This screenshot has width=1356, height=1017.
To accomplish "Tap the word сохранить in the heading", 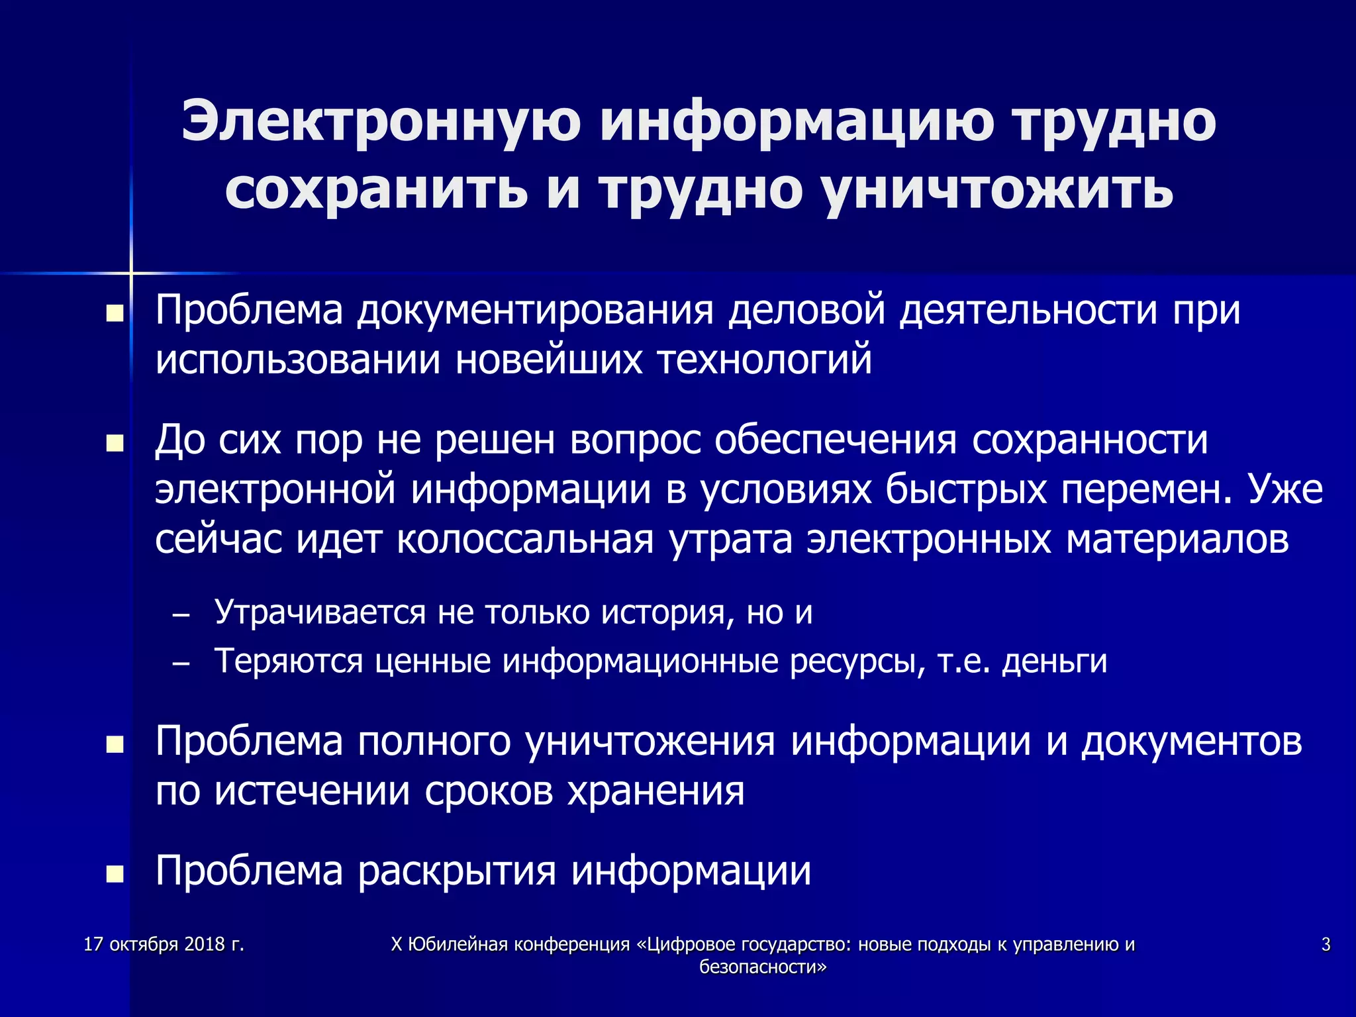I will click(376, 189).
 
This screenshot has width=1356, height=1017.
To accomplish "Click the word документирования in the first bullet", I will click(535, 310).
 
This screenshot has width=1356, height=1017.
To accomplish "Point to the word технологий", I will click(765, 361).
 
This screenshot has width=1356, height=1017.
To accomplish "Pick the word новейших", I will click(549, 361).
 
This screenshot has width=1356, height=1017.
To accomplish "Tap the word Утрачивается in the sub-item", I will click(320, 612).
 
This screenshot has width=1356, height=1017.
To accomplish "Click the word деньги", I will click(1054, 661).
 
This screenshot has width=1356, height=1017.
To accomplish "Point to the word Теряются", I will click(289, 661).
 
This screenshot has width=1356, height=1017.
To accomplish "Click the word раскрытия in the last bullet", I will click(457, 871).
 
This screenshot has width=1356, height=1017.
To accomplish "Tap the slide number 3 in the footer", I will click(1326, 944).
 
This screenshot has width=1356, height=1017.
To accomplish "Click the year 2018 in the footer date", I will click(205, 944).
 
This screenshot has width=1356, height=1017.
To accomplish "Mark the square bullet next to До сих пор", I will click(115, 443).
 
